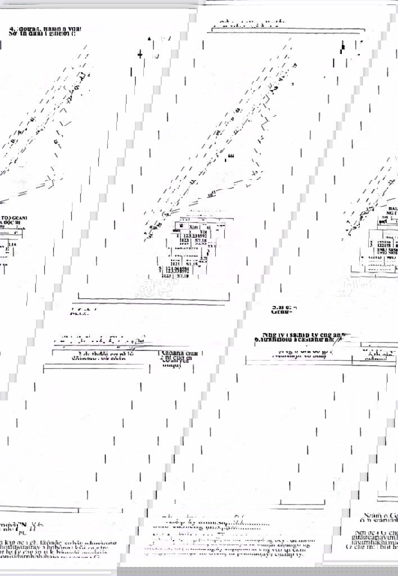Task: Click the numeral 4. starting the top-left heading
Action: pos(12,28)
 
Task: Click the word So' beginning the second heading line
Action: pos(13,34)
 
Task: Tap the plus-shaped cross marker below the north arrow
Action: pos(140,54)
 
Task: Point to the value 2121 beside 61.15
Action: pos(175,263)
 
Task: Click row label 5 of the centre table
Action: pos(162,269)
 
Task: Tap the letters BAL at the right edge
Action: pos(392,208)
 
